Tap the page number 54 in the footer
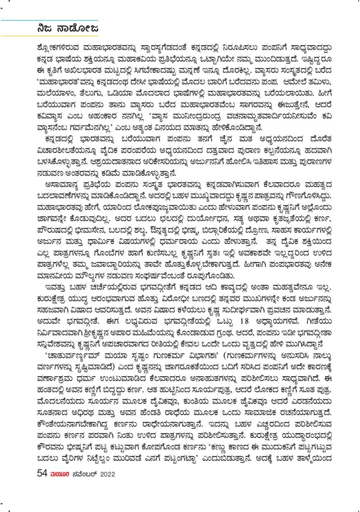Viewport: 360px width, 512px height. click(42, 473)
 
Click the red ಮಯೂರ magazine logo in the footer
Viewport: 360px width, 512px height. click(60, 474)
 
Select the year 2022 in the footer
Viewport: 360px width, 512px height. click(107, 474)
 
